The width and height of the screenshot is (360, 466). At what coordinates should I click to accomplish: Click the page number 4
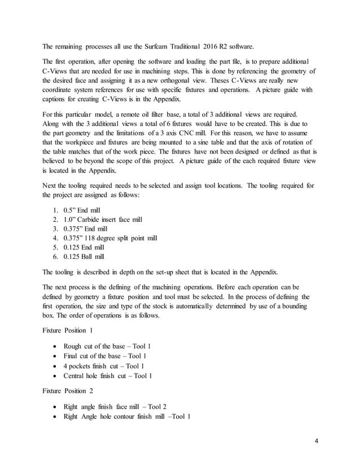click(x=317, y=439)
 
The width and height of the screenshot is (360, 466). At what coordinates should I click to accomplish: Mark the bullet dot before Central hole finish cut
click(x=54, y=376)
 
